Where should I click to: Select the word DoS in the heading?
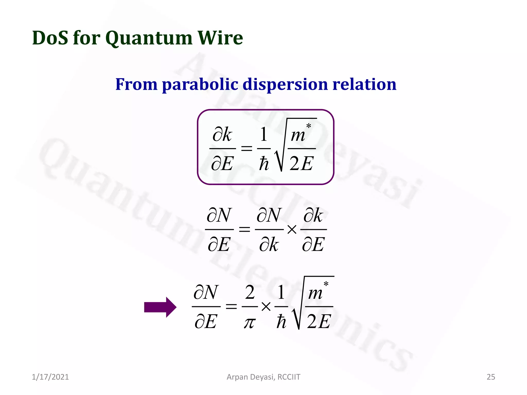50,38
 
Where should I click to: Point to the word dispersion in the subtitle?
285,85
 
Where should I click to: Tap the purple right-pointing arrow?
160,307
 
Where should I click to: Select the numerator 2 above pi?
250,293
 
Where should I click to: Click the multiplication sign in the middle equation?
292,229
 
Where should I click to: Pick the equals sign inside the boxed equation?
247,148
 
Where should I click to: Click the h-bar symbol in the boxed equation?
264,164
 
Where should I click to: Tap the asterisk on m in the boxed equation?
309,126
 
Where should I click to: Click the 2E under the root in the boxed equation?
301,164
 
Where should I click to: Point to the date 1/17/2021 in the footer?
50,377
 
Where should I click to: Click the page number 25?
491,377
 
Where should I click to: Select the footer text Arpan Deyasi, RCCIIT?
263,377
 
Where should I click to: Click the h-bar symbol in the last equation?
281,322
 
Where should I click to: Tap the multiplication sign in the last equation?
266,307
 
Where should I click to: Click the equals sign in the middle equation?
244,229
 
